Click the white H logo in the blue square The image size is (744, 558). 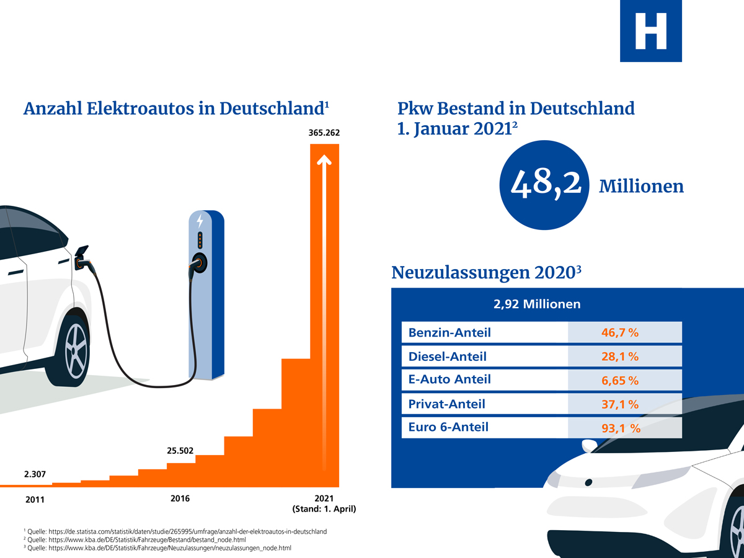[x=650, y=31]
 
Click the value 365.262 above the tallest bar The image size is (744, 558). [x=324, y=133]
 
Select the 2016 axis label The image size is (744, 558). [x=180, y=498]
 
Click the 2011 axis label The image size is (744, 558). [x=35, y=500]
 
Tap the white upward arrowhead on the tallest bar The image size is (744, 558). [x=324, y=160]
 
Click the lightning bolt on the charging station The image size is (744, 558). [x=200, y=221]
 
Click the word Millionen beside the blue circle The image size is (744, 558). [x=641, y=187]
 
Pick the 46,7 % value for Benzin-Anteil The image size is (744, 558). [x=620, y=333]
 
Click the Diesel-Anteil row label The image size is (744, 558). [x=448, y=356]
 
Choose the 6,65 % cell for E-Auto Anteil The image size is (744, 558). [x=620, y=380]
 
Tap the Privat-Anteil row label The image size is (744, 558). [x=447, y=404]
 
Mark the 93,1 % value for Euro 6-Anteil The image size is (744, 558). [x=621, y=427]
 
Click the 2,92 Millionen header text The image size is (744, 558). [x=536, y=304]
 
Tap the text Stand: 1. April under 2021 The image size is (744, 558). [x=324, y=510]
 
